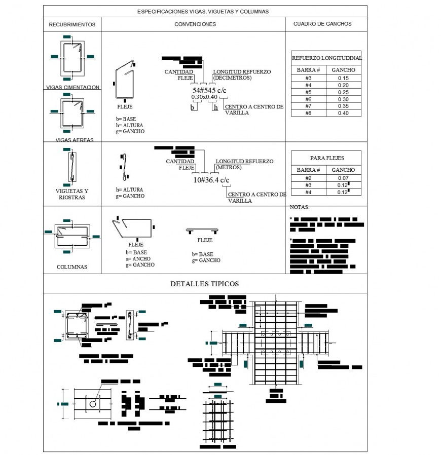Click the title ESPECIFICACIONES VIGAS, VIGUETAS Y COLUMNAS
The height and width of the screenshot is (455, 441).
[203, 11]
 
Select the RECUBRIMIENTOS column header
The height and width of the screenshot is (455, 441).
[72, 24]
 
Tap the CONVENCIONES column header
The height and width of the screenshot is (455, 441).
[195, 24]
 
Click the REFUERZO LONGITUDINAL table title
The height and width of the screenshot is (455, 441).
[326, 58]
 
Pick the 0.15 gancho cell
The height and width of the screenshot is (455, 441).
[343, 78]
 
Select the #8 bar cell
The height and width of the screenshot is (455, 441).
[308, 113]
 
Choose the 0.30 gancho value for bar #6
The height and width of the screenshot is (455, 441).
[343, 99]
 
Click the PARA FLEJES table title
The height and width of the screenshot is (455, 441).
[326, 158]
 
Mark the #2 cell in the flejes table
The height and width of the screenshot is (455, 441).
[308, 178]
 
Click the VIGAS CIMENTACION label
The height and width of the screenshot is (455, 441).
[72, 87]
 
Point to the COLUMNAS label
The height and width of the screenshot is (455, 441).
[71, 267]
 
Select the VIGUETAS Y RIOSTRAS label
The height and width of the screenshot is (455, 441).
[71, 194]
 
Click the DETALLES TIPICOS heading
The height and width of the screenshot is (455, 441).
[204, 284]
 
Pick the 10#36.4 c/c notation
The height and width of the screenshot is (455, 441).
[211, 180]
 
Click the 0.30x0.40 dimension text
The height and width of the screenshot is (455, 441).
[204, 97]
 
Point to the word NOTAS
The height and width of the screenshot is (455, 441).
[299, 207]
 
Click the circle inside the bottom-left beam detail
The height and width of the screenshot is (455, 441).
[93, 404]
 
